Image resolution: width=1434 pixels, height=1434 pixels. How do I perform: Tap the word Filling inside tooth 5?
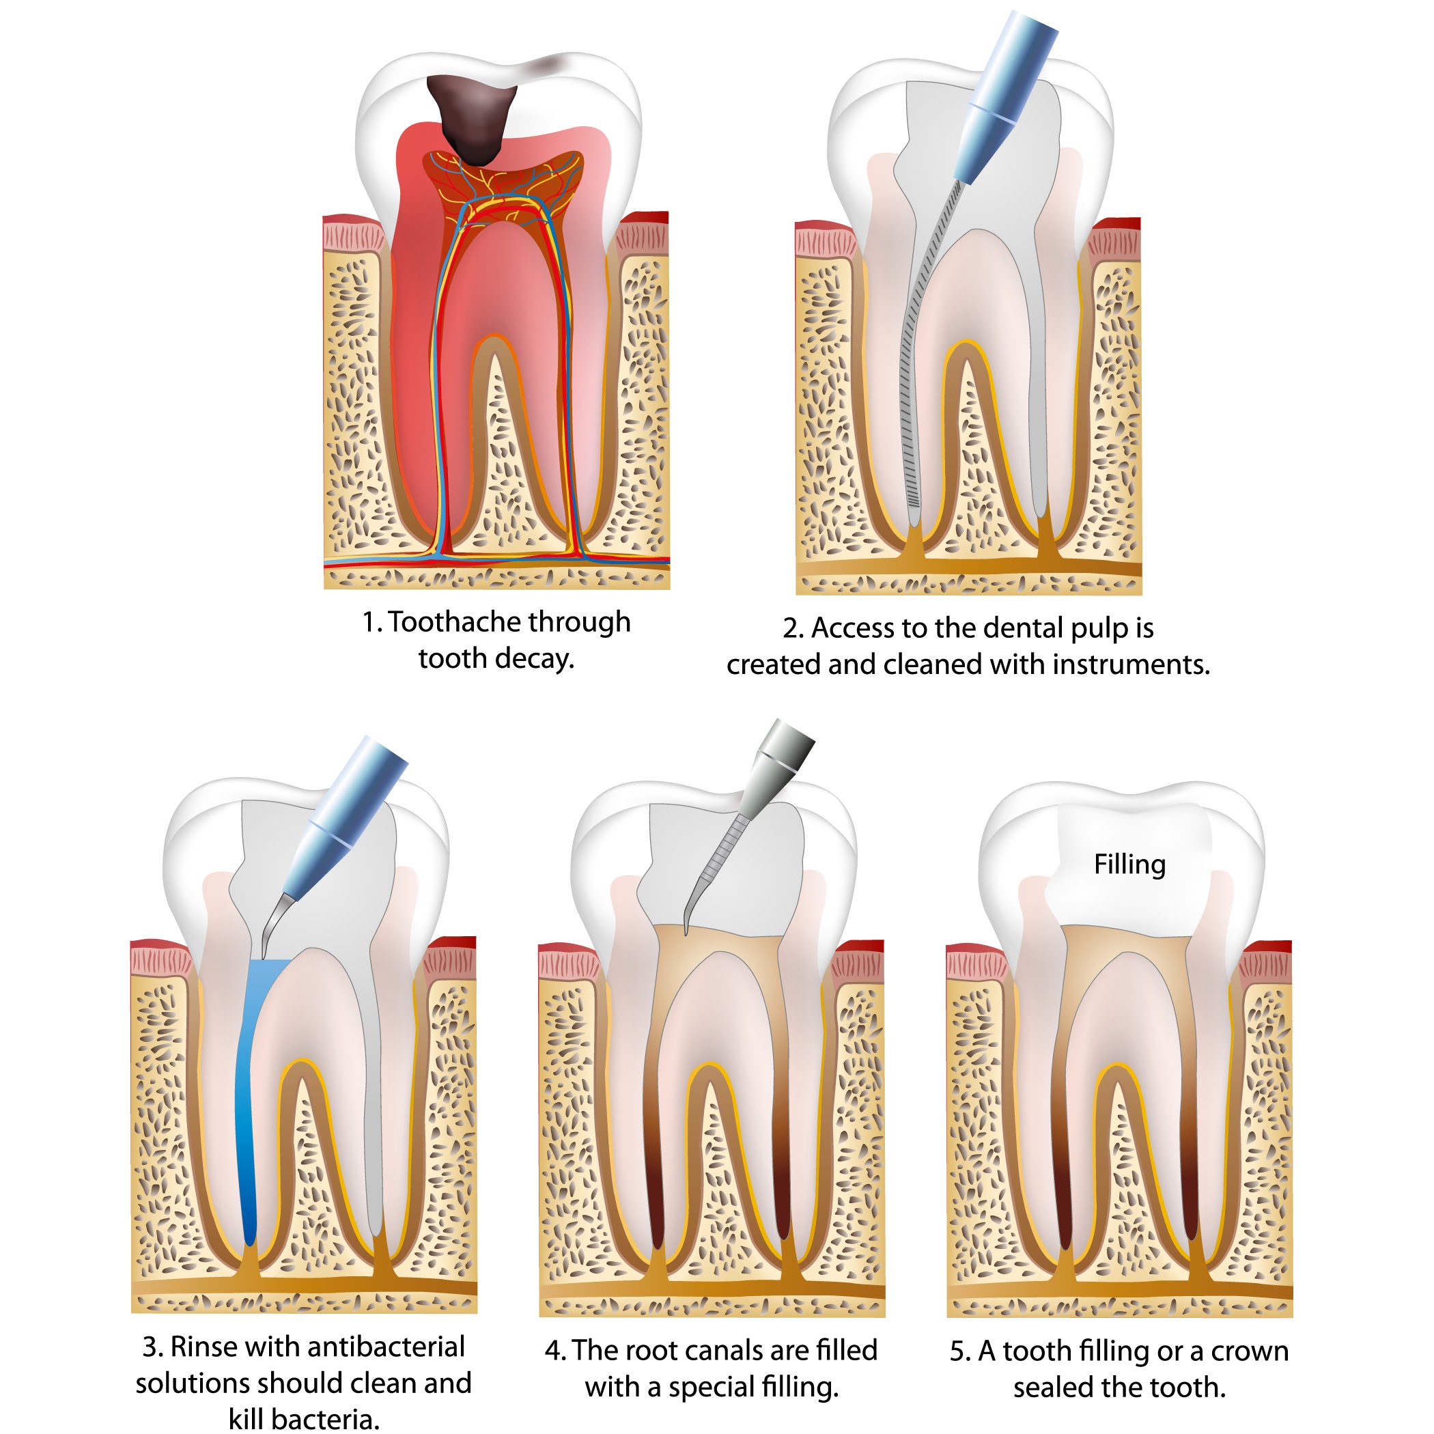(1129, 864)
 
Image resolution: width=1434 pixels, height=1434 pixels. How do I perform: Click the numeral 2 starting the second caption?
(791, 629)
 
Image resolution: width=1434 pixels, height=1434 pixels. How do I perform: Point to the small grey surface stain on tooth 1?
(545, 66)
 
